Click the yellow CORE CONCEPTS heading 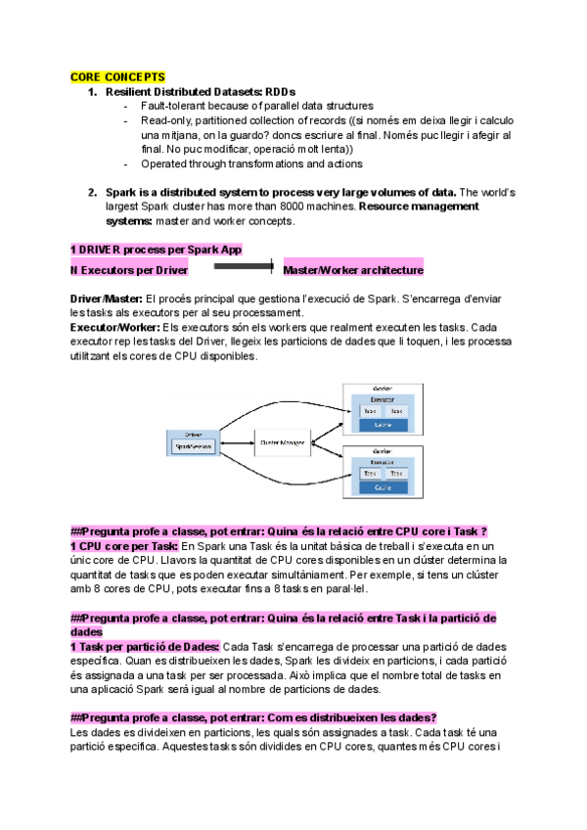click(x=117, y=76)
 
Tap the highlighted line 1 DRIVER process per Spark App click(x=156, y=250)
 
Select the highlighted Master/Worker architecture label click(x=352, y=269)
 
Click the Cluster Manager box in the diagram click(x=283, y=441)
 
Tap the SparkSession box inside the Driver click(x=194, y=445)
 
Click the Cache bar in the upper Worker click(x=384, y=425)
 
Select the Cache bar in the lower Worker click(x=383, y=485)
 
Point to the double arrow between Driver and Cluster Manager click(x=235, y=441)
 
